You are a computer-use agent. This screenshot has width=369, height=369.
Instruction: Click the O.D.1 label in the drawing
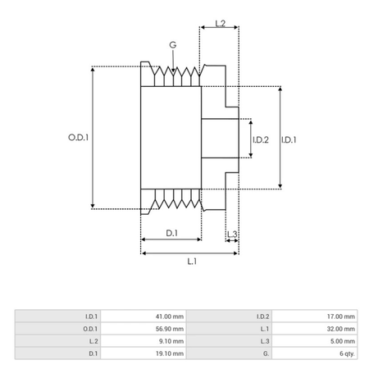click(x=78, y=138)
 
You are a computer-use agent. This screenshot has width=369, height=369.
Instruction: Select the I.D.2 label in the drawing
click(x=260, y=139)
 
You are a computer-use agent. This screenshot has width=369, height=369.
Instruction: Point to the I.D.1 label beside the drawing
click(x=289, y=139)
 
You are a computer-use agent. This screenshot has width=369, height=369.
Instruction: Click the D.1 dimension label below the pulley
click(x=171, y=234)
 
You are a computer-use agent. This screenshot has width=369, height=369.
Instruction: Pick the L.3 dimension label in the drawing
click(x=232, y=235)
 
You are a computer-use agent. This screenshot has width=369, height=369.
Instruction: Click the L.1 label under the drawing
click(x=191, y=261)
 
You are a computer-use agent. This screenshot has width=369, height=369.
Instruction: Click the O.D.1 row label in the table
click(x=91, y=328)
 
